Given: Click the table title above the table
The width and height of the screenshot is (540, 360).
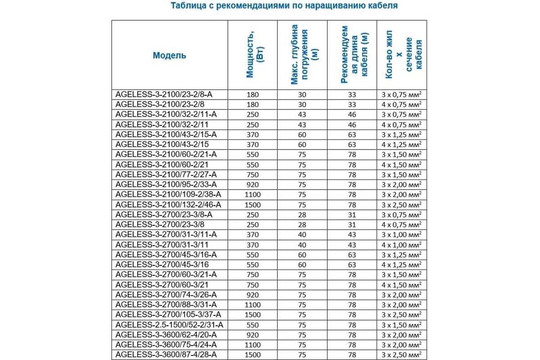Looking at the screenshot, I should (x=284, y=6).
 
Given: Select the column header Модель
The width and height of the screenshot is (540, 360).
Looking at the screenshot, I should (x=169, y=55).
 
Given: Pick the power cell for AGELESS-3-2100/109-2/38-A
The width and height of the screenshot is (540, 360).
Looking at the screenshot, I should (x=253, y=195).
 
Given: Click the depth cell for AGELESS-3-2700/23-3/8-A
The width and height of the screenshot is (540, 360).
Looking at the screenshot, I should (x=302, y=215).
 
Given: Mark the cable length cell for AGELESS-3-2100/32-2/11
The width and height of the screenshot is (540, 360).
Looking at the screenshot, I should (x=352, y=125).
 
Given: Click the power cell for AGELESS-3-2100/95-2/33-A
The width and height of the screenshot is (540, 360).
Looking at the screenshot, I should (x=253, y=184).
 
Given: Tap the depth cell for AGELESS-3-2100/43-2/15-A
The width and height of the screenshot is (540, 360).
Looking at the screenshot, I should (x=302, y=135).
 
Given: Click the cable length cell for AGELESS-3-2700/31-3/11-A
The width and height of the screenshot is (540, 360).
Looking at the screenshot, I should (x=352, y=235).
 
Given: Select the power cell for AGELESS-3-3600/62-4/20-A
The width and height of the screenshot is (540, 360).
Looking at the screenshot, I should (x=253, y=335).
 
